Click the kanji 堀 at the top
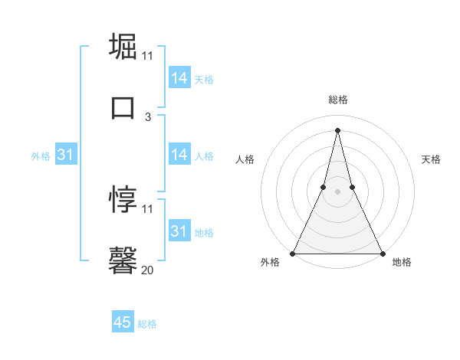click(x=123, y=47)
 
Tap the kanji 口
click(x=123, y=107)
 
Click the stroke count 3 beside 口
click(x=148, y=116)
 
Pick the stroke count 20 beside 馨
click(x=147, y=270)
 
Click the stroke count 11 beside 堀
click(x=147, y=56)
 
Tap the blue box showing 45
click(x=123, y=322)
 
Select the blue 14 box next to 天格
click(x=179, y=78)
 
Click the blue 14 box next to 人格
click(x=179, y=155)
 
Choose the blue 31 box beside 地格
click(x=179, y=231)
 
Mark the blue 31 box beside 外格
click(x=66, y=155)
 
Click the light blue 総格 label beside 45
click(x=147, y=324)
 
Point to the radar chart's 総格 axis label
click(x=337, y=100)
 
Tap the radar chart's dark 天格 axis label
click(x=432, y=159)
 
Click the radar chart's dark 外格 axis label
click(x=270, y=262)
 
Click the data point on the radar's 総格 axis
click(x=337, y=129)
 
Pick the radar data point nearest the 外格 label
click(x=293, y=253)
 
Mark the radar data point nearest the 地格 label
click(x=382, y=253)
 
